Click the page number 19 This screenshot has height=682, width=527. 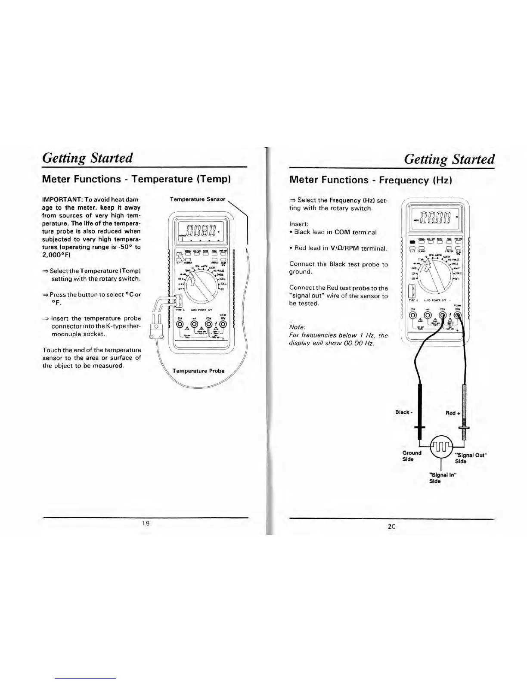coord(146,524)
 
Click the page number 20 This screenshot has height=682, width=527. coord(391,526)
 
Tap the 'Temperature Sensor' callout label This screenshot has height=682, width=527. coord(198,199)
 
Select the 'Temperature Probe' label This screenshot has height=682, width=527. coord(198,371)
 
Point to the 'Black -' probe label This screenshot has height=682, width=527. coord(404,412)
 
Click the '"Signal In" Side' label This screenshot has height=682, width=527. coord(442,478)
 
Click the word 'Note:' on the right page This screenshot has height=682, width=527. coord(297,327)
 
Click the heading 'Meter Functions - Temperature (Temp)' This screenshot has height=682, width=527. coord(136,179)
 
